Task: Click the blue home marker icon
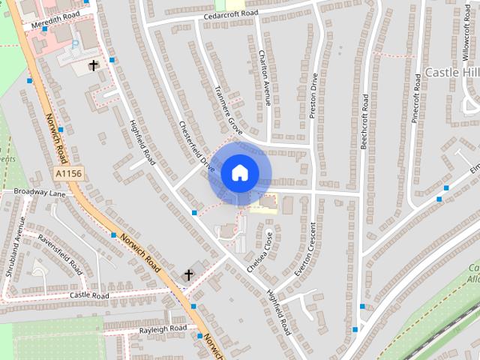(239, 172)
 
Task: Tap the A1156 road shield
(68, 173)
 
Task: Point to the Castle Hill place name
(451, 72)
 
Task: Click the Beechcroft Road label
(364, 121)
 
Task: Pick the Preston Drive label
(314, 94)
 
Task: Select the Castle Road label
(89, 295)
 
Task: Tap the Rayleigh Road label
(163, 329)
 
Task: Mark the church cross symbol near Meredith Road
(94, 65)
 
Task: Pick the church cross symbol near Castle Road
(187, 275)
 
